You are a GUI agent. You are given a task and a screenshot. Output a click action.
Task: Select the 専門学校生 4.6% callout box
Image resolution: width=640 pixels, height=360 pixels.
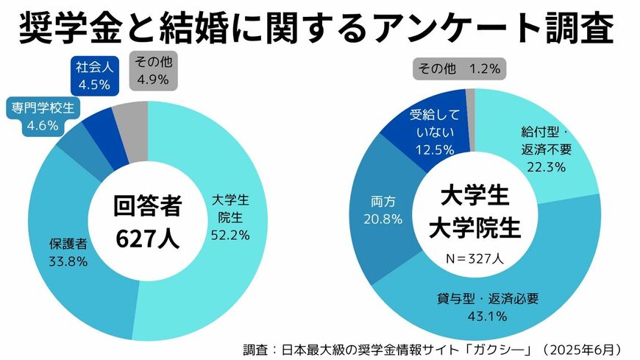[42, 116]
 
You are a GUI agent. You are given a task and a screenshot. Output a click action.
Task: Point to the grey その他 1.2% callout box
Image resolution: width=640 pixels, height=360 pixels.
[459, 69]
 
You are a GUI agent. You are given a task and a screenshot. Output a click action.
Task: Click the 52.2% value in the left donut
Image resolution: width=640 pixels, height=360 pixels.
[230, 235]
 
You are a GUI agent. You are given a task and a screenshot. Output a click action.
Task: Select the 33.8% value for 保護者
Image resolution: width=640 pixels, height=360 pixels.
[68, 261]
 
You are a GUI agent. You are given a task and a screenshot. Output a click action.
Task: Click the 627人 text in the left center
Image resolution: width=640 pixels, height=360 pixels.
[147, 239]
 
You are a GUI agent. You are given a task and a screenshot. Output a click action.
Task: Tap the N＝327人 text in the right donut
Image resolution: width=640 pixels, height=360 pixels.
[474, 258]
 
